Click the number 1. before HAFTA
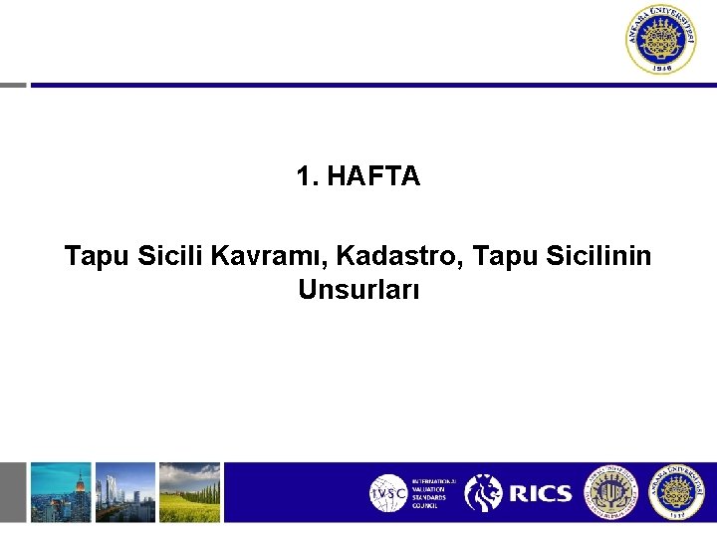point(307,177)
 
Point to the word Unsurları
point(358,290)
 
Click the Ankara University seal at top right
point(661,40)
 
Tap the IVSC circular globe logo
point(387,493)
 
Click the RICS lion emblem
point(484,493)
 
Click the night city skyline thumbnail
point(60,491)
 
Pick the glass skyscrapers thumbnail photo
point(125,491)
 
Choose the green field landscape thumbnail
point(189,491)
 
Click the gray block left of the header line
point(13,85)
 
